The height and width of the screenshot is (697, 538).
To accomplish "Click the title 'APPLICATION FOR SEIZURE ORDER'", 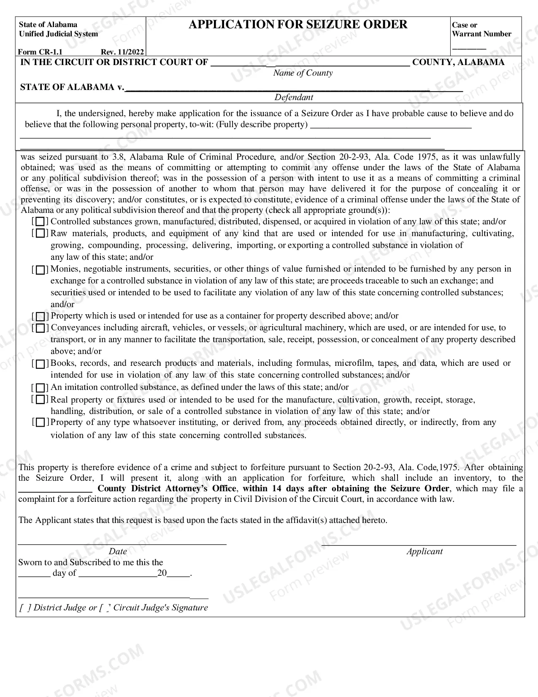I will coord(298,25).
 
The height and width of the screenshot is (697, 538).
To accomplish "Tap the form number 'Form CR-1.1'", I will coord(40,52).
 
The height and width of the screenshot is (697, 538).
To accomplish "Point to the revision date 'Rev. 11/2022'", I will coord(122,52).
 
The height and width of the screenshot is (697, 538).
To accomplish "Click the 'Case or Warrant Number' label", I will coord(481,30).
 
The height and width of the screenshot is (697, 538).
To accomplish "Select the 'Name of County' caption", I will coord(303,73).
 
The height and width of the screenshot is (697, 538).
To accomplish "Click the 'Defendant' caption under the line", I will coord(294,97).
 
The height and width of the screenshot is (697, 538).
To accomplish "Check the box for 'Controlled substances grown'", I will coord(40,222).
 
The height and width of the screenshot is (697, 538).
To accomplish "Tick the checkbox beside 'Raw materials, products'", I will coord(40,234).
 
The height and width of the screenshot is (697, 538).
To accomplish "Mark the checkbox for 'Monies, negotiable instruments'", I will coord(40,270).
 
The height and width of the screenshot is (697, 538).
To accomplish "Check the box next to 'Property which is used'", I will coord(40,316).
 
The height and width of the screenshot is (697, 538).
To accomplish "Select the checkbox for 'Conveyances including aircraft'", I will coord(40,328).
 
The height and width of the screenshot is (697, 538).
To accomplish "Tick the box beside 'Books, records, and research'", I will coord(40,364).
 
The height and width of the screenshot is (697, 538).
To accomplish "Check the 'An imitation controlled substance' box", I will coord(40,388).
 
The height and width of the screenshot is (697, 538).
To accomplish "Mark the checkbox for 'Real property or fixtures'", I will coord(40,400).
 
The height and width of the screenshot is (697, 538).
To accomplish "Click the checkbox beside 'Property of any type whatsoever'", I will coord(40,422).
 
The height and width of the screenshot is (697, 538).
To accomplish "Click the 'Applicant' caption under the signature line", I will coord(424,551).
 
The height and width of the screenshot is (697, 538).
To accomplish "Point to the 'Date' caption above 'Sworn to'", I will coord(118,551).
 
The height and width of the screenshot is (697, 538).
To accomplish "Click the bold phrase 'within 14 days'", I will coord(273,489).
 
